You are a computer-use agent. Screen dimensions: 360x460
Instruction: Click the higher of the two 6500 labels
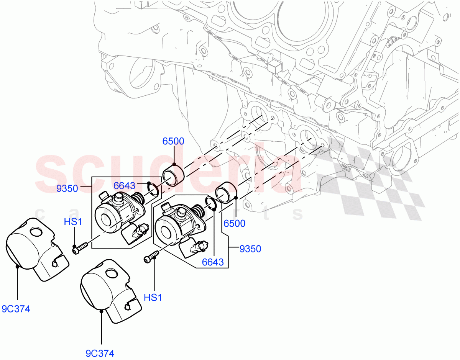[173, 142]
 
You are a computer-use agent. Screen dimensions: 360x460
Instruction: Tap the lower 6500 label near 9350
[234, 223]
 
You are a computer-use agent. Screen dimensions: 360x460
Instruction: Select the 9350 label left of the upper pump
[67, 188]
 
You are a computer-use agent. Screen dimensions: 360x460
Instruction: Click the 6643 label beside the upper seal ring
[124, 186]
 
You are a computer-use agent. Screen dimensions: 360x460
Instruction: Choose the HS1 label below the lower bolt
[153, 297]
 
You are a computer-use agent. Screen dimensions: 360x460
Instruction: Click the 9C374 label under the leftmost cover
[16, 309]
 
